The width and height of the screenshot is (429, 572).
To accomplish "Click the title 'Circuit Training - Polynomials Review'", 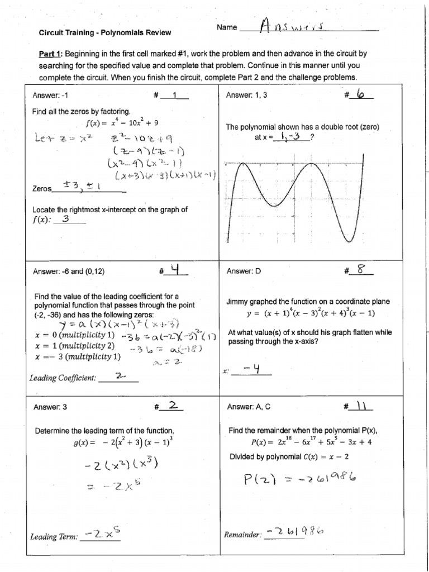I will pos(104,33).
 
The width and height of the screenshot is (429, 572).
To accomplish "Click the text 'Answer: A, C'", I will pos(248,407).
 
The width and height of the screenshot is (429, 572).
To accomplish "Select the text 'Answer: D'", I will pos(244,271).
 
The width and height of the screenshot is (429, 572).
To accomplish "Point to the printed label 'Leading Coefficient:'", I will pos(63,378).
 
